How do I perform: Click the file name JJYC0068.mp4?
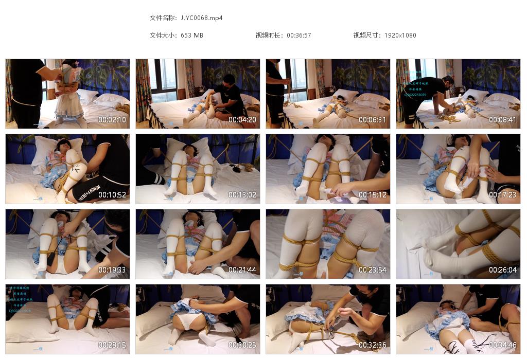coord(202,18)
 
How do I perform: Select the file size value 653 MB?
coord(192,35)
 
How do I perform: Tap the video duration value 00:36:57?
coord(298,35)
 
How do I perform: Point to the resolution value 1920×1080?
coord(400,35)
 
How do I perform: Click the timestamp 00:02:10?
coord(112,120)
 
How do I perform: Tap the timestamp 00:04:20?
coord(242,120)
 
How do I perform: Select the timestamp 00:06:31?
coord(373,120)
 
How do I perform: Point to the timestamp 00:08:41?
coord(503,120)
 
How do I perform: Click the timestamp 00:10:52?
coord(112,195)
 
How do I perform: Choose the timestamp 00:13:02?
coord(242,195)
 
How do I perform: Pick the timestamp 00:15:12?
coord(373,195)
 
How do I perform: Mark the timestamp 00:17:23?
coord(503,195)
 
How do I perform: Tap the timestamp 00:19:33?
coord(112,270)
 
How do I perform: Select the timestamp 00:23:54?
coord(373,270)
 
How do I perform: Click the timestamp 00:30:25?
coord(242,345)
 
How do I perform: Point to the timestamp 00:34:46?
coord(503,345)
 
